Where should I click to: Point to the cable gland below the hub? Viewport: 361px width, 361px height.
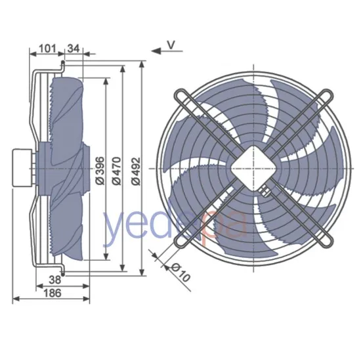(x=266, y=192)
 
